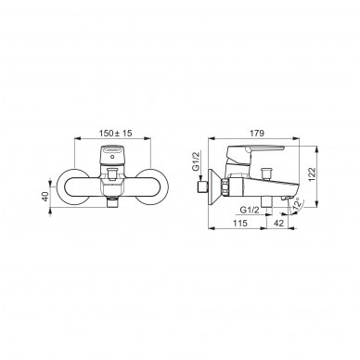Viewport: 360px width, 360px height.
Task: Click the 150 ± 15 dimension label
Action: [x=116, y=134]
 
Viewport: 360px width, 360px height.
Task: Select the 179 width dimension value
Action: [x=257, y=134]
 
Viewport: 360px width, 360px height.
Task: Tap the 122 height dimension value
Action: [x=312, y=174]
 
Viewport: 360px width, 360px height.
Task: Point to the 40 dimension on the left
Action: [x=45, y=197]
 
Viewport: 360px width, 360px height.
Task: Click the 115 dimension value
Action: [x=240, y=223]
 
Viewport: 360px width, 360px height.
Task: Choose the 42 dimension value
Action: [x=279, y=223]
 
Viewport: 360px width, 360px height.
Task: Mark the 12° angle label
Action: [x=298, y=204]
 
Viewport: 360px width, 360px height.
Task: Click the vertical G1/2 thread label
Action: [x=196, y=162]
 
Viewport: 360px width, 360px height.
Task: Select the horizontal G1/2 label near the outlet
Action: [x=250, y=210]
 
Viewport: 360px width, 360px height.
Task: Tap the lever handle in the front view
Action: [x=112, y=154]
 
